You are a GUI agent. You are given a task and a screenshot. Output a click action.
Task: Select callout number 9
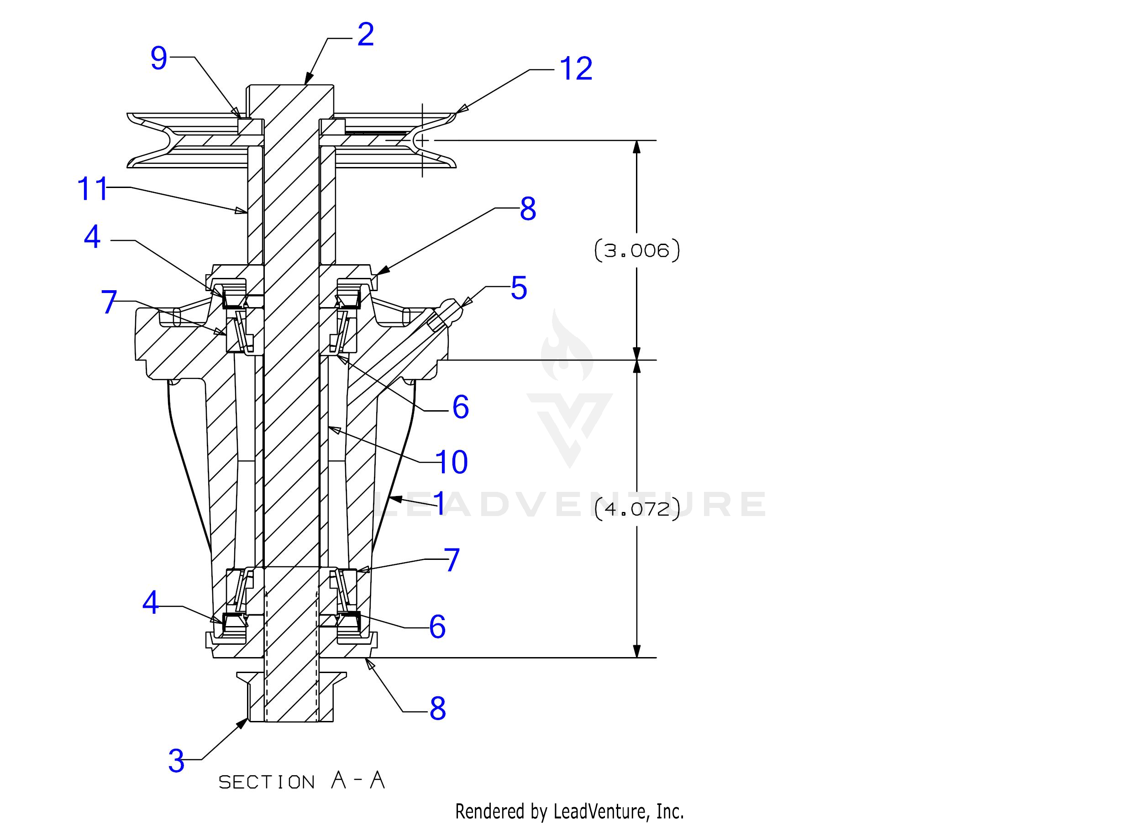(159, 58)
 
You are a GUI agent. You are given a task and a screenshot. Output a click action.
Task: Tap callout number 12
(576, 69)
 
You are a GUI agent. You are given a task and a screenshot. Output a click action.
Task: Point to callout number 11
(93, 189)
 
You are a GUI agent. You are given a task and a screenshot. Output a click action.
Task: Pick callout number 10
(452, 462)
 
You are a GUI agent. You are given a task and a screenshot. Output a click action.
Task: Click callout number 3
(176, 761)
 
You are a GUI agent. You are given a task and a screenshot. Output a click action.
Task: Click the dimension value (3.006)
(637, 250)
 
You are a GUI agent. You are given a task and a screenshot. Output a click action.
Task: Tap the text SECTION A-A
(302, 781)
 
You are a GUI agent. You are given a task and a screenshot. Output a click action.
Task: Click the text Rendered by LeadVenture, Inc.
(569, 811)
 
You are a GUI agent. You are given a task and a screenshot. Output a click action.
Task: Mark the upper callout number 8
(528, 209)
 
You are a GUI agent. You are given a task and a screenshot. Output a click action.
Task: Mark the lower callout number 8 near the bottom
(437, 709)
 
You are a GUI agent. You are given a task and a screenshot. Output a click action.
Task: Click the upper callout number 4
(93, 237)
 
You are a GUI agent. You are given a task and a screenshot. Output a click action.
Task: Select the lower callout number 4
(151, 602)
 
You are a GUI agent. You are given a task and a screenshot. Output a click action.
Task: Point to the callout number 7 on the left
(109, 303)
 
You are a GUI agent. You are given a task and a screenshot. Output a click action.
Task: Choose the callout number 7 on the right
(452, 560)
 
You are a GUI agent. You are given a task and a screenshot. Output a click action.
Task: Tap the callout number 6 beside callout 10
(460, 407)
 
